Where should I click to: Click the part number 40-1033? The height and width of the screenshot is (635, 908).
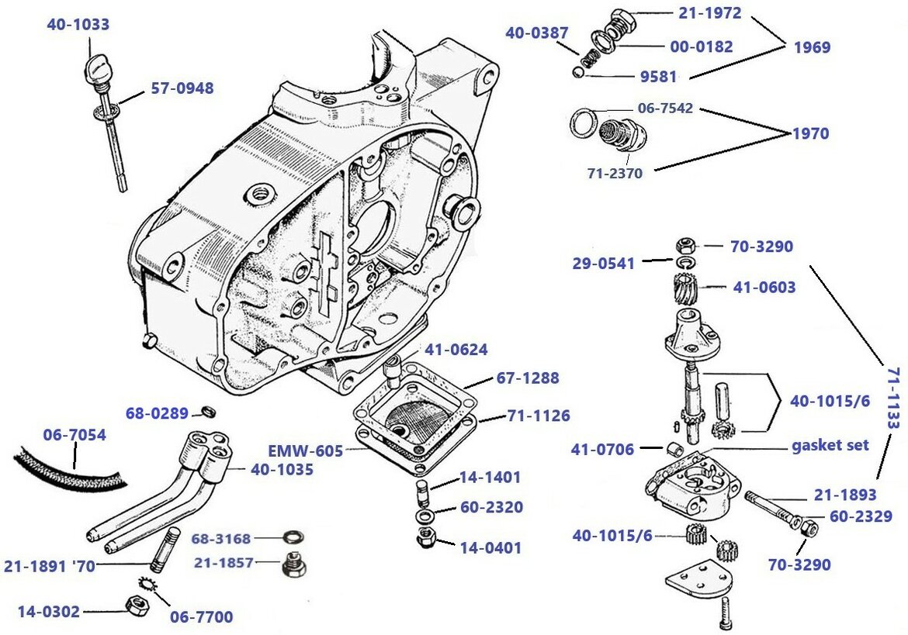pyautogui.click(x=78, y=25)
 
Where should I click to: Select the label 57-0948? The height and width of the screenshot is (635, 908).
pyautogui.click(x=182, y=88)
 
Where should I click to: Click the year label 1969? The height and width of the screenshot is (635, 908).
pyautogui.click(x=812, y=47)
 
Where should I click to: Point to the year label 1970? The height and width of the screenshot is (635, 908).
pyautogui.click(x=810, y=133)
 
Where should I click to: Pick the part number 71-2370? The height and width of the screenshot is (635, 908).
pyautogui.click(x=614, y=174)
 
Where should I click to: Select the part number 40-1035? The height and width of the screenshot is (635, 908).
pyautogui.click(x=282, y=469)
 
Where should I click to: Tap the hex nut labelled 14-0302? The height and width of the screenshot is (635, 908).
pyautogui.click(x=136, y=606)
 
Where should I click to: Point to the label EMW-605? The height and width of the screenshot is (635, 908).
pyautogui.click(x=305, y=450)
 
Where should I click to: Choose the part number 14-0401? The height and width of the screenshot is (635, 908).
pyautogui.click(x=490, y=548)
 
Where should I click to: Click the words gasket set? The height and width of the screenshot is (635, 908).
pyautogui.click(x=830, y=446)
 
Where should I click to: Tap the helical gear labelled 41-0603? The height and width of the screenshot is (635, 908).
pyautogui.click(x=681, y=292)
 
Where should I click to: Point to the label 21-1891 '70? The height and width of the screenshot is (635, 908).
pyautogui.click(x=49, y=567)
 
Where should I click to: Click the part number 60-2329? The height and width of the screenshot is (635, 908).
pyautogui.click(x=861, y=516)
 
